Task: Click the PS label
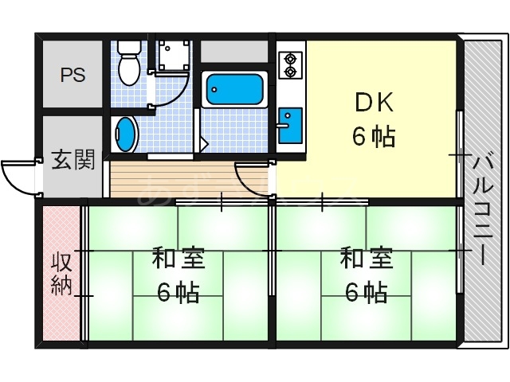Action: (73, 76)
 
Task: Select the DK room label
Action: (373, 103)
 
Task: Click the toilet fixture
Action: (127, 64)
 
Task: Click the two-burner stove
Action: (289, 64)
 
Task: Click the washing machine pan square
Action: (173, 56)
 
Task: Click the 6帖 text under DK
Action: (373, 137)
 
